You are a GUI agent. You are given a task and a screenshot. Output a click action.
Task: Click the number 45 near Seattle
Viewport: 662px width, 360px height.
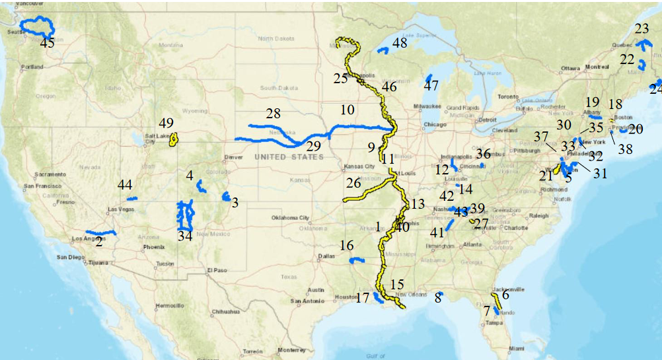pos(48,43)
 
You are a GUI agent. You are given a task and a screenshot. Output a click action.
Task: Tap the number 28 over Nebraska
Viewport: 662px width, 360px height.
pos(274,113)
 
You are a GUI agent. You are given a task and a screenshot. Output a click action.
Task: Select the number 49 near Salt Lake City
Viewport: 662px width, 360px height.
pos(166,123)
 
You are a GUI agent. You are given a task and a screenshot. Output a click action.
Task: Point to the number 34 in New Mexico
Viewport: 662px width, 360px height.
pos(185,236)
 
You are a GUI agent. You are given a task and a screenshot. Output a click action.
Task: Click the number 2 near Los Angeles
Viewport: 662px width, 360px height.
pos(98,242)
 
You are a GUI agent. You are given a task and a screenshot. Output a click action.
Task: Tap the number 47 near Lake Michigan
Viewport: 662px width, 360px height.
pos(431,85)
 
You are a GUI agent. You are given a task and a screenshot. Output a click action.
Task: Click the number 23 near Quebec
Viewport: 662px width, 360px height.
pos(642,28)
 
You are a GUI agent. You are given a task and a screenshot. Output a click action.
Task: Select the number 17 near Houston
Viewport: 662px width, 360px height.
pos(362,297)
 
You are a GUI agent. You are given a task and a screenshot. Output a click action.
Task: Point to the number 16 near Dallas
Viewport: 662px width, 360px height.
pos(347,246)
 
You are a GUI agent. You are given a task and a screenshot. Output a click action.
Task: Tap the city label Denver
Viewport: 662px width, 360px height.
pos(233,158)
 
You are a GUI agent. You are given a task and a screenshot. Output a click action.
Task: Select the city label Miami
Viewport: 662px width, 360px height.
pos(517,348)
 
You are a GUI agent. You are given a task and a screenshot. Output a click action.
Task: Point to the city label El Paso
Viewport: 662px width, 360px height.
pos(216,270)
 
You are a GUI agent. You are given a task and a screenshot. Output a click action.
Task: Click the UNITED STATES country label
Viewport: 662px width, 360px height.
pos(289,157)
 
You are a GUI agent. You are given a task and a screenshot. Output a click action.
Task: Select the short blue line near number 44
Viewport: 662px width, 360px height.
pos(132,198)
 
